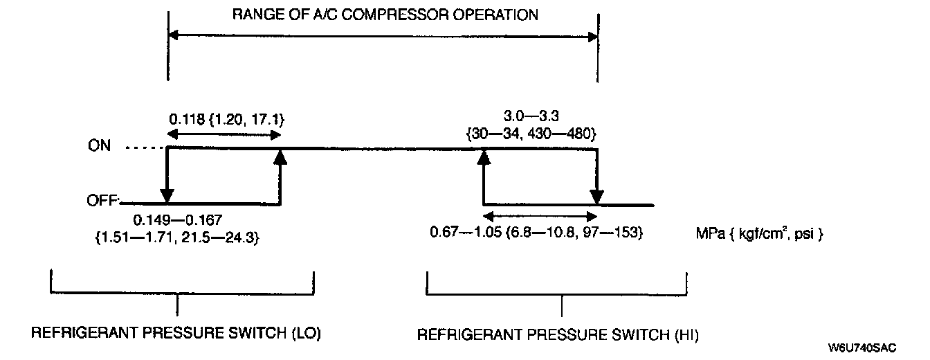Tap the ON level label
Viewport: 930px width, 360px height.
(99, 147)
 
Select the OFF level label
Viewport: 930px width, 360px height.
(102, 201)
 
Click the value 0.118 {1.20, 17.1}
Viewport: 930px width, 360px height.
(226, 119)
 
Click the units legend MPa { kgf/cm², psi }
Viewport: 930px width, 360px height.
(759, 234)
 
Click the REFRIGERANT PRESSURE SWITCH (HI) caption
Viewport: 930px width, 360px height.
(558, 335)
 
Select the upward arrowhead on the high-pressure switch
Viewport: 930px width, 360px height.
(483, 157)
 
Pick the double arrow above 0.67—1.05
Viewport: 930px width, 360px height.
(540, 217)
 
